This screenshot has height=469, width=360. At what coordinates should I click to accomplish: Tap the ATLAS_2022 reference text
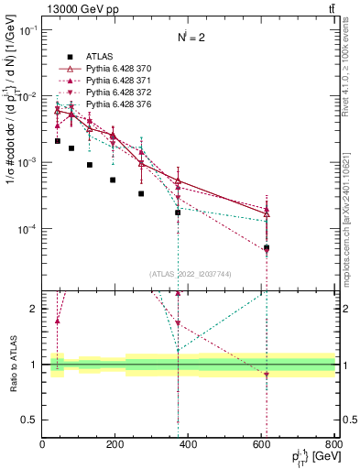click(x=190, y=274)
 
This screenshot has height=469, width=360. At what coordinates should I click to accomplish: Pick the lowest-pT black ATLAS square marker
click(x=57, y=141)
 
